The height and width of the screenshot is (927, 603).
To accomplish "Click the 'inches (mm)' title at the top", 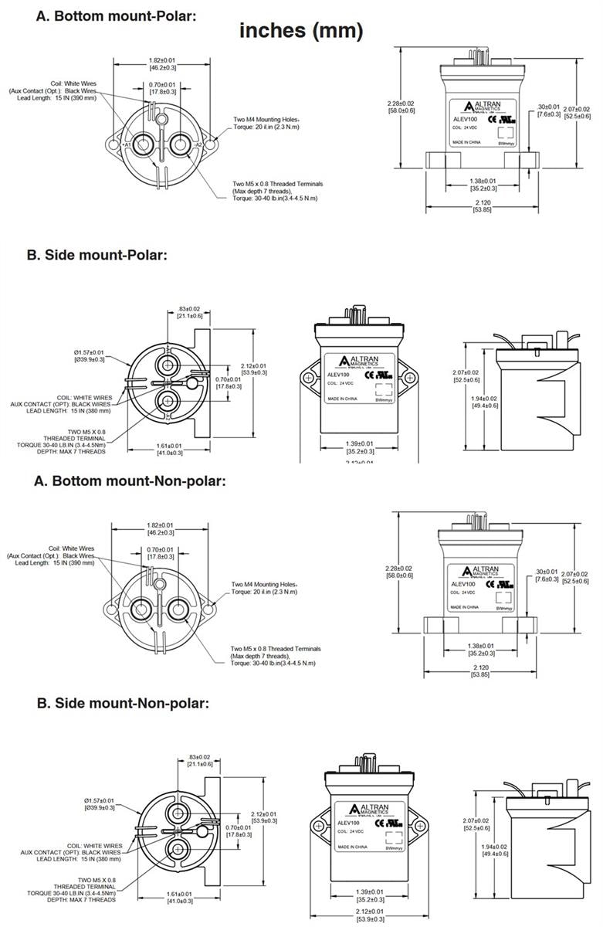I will click(300, 31).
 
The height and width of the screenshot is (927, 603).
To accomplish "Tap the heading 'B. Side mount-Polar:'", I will click(97, 255).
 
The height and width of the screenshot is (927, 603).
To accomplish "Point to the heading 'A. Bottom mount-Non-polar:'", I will click(130, 480).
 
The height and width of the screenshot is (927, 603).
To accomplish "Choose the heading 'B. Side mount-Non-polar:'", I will click(118, 704).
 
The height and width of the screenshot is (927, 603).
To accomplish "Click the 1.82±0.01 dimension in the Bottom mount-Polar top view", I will click(161, 59).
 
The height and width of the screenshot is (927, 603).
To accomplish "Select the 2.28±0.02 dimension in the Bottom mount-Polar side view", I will click(401, 103).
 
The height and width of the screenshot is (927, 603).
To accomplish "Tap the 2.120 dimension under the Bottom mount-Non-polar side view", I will click(479, 666).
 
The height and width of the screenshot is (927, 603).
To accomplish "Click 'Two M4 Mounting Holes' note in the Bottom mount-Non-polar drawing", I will click(263, 585).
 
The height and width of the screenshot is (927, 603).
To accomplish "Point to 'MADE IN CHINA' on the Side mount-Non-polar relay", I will click(352, 847).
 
